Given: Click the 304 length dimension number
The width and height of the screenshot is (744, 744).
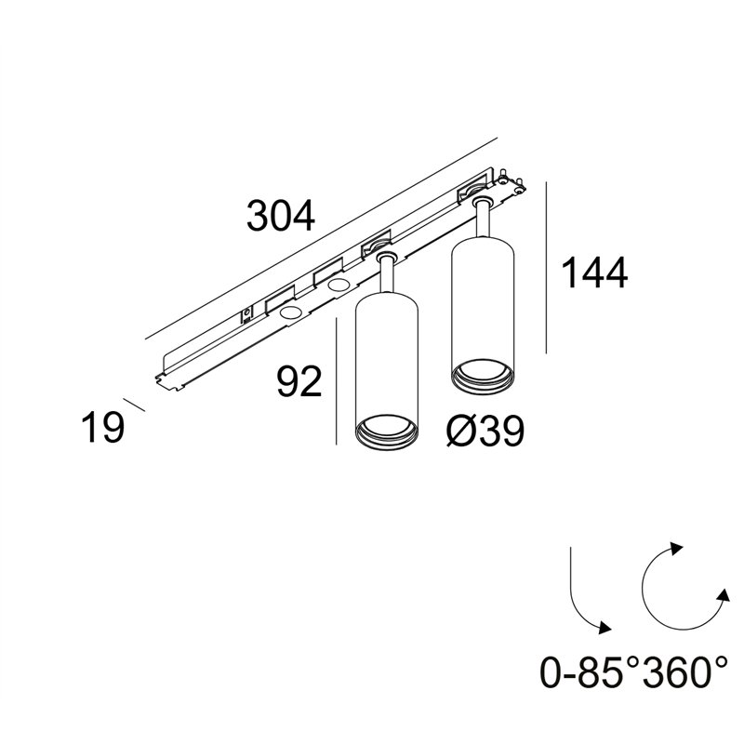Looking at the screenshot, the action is pos(281,216).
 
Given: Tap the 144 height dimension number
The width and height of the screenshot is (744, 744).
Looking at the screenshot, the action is pos(594,272).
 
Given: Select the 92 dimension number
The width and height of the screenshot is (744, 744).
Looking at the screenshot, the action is pos(299,381).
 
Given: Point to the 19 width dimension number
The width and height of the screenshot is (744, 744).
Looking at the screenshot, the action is pos(103,427).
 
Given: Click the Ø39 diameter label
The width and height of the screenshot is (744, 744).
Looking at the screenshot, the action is pos(485,431).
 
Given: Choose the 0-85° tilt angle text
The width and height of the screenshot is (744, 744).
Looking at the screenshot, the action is pos(590,671).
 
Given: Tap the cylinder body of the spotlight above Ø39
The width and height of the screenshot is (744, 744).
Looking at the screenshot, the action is pos(483,304).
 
